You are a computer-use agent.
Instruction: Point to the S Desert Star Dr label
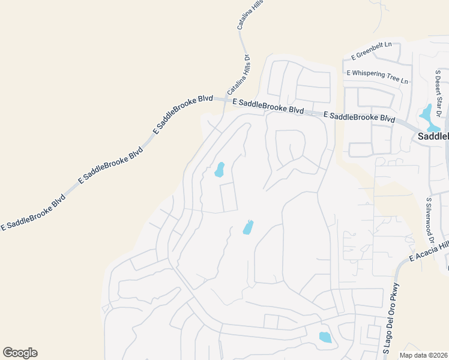pyautogui.click(x=439, y=93)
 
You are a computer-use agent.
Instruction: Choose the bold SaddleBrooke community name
pyautogui.click(x=433, y=136)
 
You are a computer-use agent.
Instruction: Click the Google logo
pyautogui.click(x=20, y=353)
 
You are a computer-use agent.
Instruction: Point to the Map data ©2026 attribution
pyautogui.click(x=424, y=355)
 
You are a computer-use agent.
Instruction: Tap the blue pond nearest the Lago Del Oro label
pyautogui.click(x=325, y=337)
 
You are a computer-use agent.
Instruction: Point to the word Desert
pyautogui.click(x=438, y=88)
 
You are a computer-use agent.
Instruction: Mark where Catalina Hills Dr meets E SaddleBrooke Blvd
pyautogui.click(x=224, y=100)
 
